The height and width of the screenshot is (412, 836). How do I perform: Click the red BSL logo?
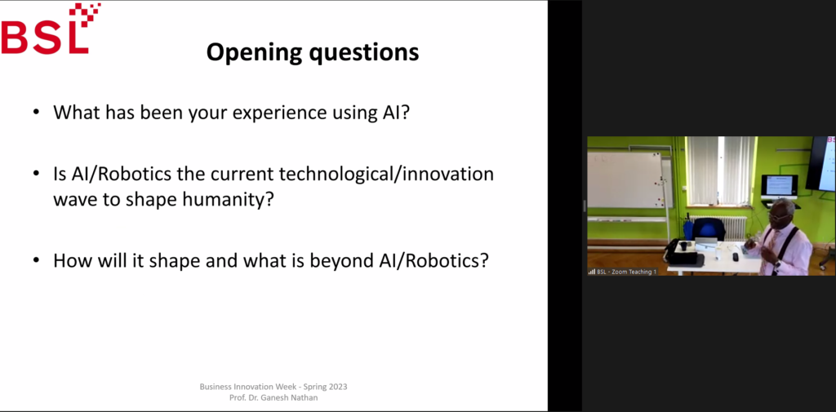(51, 29)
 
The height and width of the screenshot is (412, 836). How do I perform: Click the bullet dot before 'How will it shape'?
(36, 261)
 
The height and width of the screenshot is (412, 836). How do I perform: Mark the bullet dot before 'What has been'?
(36, 113)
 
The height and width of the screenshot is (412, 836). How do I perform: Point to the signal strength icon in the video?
(591, 272)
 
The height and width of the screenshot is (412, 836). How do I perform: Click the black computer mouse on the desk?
(736, 257)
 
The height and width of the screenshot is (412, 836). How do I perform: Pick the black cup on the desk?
(683, 246)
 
